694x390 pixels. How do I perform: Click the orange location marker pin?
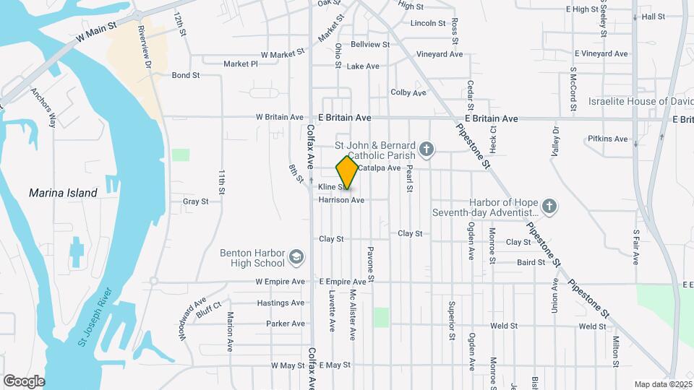pos(347,173)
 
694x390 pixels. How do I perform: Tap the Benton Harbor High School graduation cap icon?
pos(296,257)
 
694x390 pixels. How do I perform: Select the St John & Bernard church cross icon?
pos(427,150)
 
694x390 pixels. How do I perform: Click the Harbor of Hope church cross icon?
pos(549,207)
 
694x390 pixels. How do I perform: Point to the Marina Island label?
pos(63,193)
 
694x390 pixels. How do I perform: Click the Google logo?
pos(24,381)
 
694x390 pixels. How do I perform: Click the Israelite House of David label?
pos(636,102)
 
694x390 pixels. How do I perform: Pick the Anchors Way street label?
pos(43,108)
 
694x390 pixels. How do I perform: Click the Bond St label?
pos(186,75)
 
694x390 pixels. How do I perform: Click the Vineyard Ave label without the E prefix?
pos(440,54)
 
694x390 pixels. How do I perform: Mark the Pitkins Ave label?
pos(608,139)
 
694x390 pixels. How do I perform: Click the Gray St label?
pos(195,201)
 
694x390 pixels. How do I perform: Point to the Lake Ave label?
pos(363,66)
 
